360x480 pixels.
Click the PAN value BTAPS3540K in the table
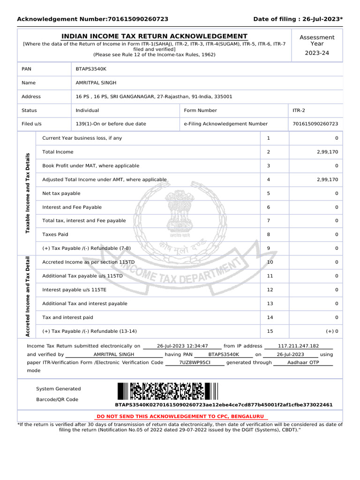tap(91, 69)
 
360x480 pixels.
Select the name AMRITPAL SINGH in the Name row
tap(96, 82)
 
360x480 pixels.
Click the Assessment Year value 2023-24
tap(317, 53)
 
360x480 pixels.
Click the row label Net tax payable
tap(61, 193)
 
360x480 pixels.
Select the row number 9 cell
tap(269, 248)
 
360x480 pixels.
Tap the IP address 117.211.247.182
tap(298, 345)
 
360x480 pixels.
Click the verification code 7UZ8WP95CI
tap(195, 362)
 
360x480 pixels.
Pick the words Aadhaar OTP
tap(303, 362)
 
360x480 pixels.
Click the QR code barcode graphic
tap(167, 391)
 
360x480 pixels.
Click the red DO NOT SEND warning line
tap(180, 416)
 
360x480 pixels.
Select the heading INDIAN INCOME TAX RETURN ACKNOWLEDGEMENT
tap(155, 37)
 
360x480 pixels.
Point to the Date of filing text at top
tap(298, 19)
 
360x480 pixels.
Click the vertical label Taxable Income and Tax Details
tap(28, 193)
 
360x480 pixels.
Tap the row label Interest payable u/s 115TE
tap(74, 290)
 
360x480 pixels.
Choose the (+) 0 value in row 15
tap(332, 331)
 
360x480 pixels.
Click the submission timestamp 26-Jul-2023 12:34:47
tap(182, 345)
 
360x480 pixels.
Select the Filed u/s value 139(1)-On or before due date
tap(111, 124)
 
